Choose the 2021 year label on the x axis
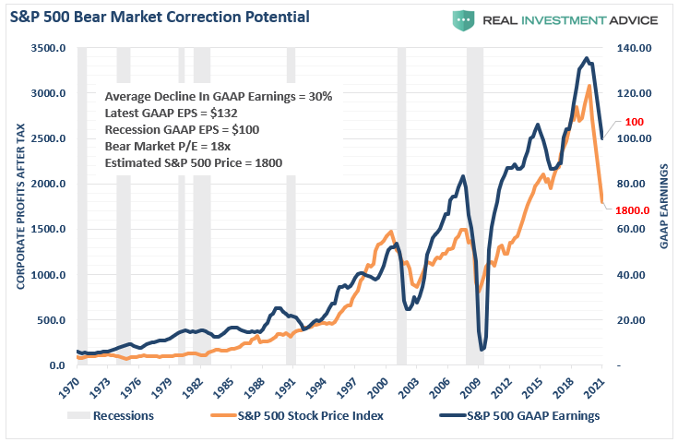coord(600,387)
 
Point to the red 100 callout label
coord(634,122)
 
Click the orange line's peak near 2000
coord(391,232)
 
